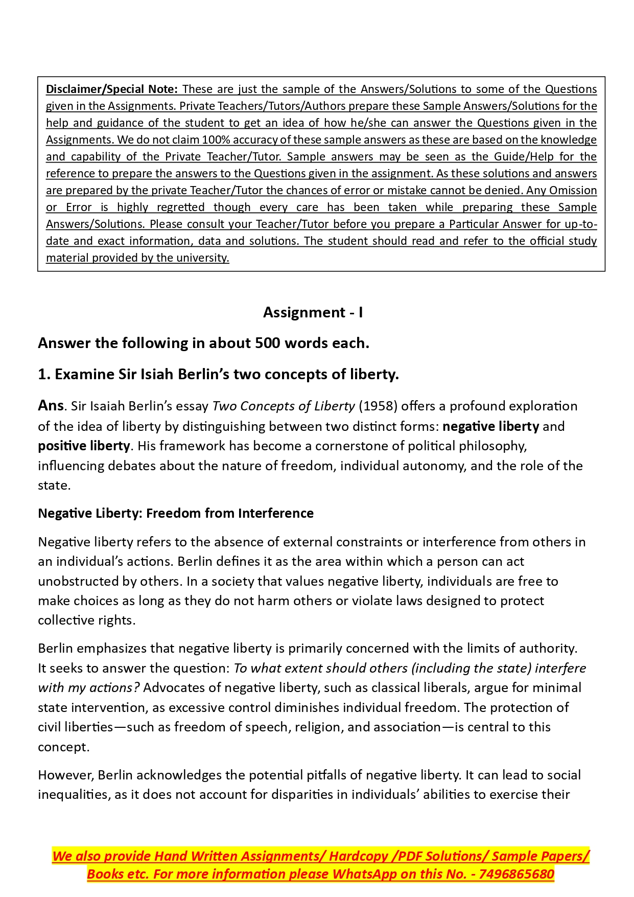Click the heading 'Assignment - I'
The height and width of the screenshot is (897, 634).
point(313,312)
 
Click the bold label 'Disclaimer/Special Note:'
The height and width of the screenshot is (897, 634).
point(111,89)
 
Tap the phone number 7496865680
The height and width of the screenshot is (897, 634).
point(516,874)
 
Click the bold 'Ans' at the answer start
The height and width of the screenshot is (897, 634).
point(51,406)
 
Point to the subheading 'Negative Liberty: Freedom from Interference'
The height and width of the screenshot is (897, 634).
point(176,513)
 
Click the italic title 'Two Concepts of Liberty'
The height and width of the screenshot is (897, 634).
point(283,406)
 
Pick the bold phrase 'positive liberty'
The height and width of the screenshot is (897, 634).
point(84,446)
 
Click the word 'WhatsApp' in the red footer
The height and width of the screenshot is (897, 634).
point(365,874)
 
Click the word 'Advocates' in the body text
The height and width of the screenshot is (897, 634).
point(168,688)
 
